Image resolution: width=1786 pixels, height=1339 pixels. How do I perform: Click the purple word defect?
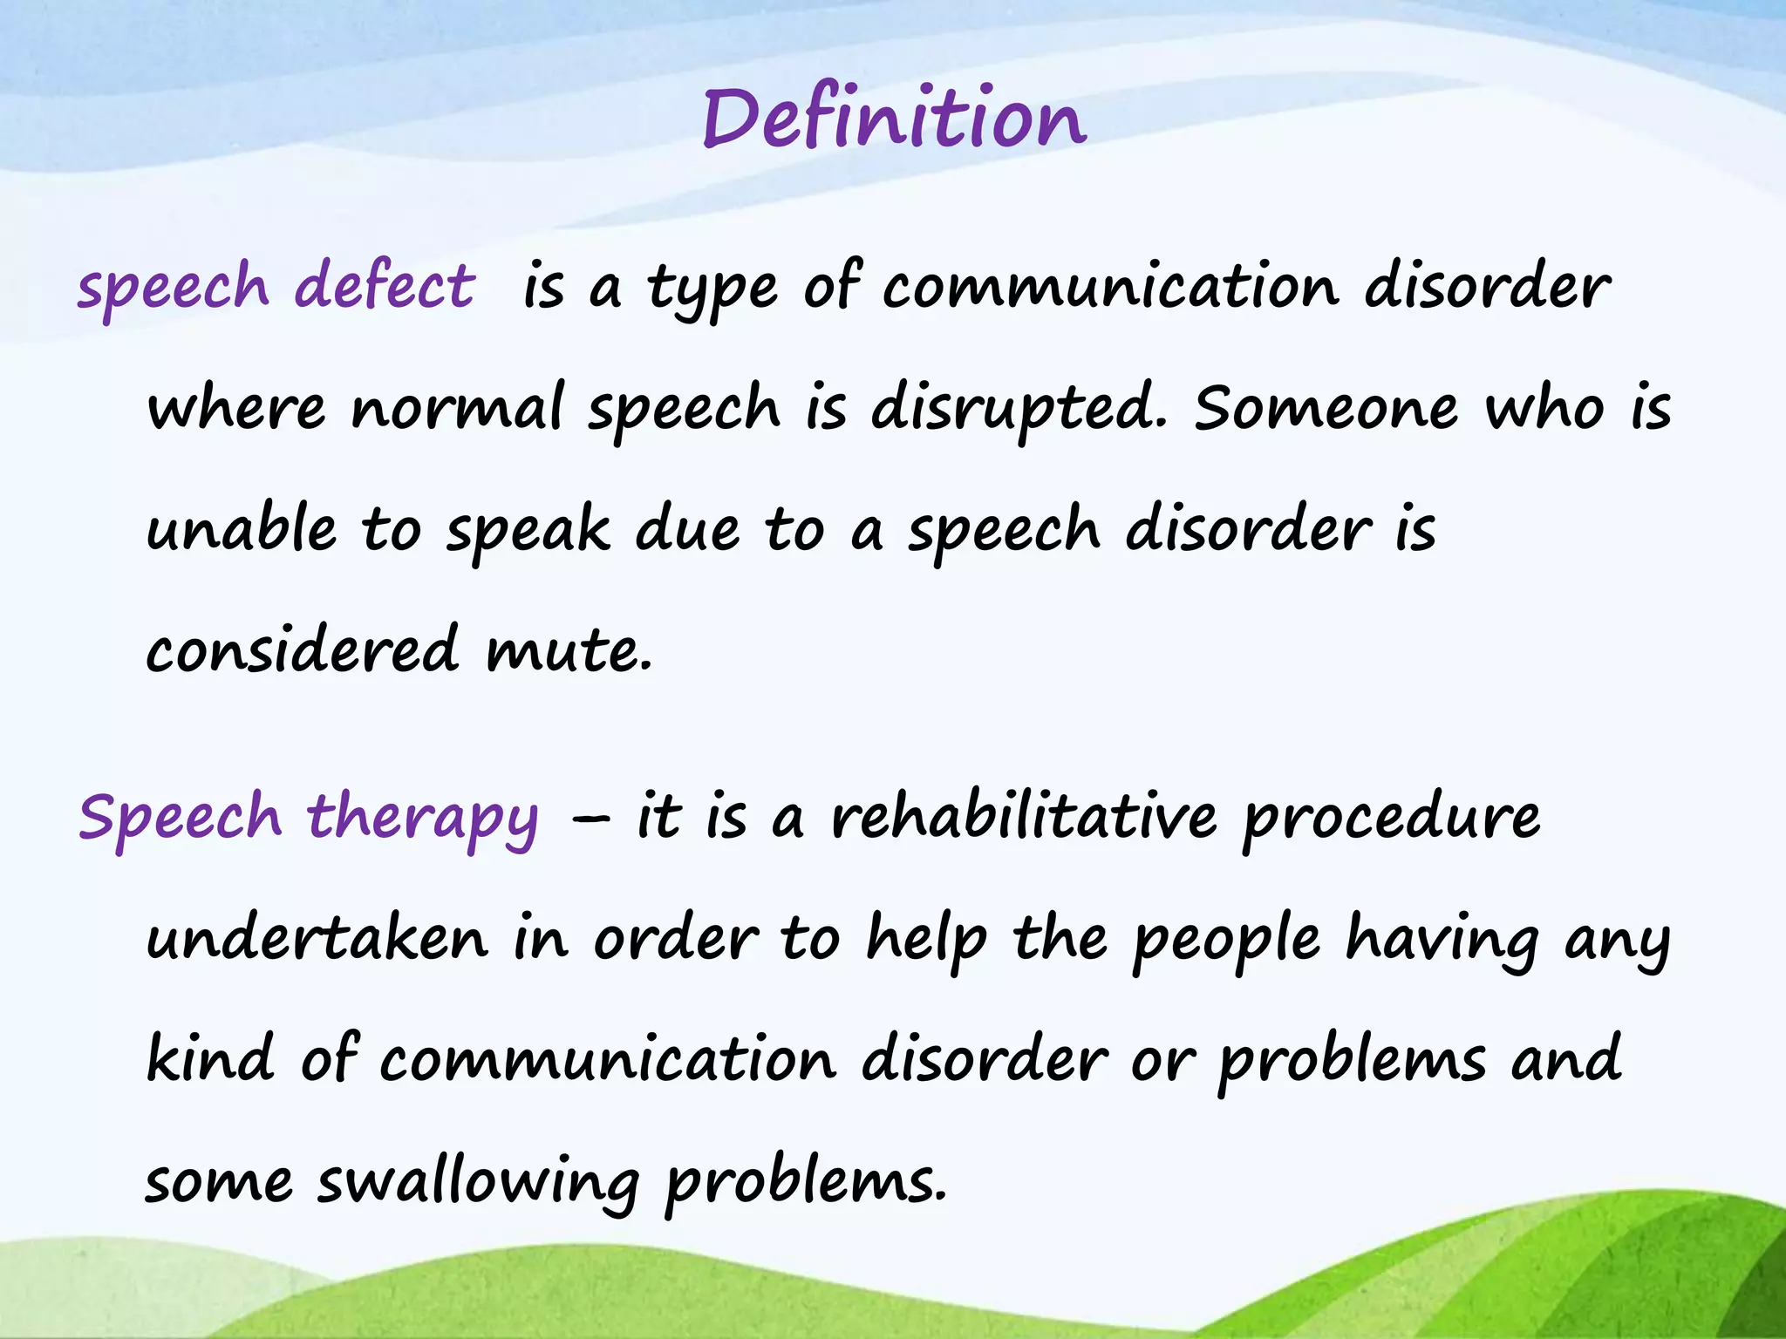click(x=385, y=286)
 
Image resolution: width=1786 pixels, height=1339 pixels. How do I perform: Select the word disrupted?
click(x=1017, y=410)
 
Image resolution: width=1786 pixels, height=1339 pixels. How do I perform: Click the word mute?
click(x=569, y=651)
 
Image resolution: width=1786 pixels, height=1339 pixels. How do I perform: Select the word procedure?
click(x=1391, y=819)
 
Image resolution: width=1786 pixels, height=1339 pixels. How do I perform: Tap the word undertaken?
click(x=317, y=939)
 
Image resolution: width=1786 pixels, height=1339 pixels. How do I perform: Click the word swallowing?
click(x=478, y=1183)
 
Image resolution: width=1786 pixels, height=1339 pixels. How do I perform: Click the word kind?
click(x=210, y=1059)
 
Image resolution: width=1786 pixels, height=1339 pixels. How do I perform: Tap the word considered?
click(x=302, y=649)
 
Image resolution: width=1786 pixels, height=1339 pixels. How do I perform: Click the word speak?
click(x=528, y=531)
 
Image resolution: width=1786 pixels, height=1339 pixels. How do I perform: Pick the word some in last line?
click(x=219, y=1183)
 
